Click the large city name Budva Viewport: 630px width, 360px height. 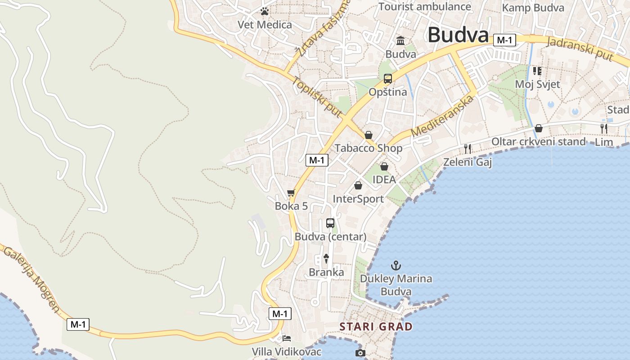click(458, 35)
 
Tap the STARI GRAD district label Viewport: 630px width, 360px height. click(376, 326)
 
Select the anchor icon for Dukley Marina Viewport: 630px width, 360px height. click(396, 265)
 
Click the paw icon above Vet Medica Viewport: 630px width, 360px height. click(265, 11)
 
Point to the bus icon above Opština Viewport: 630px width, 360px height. click(387, 79)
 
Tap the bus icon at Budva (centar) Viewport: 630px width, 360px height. click(330, 223)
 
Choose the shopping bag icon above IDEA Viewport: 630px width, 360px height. click(384, 166)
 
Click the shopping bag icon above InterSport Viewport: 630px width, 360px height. click(358, 185)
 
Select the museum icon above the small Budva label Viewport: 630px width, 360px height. click(400, 41)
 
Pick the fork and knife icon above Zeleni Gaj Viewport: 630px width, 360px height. click(468, 148)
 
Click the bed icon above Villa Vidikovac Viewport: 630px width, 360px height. click(287, 338)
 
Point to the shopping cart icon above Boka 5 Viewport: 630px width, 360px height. click(291, 193)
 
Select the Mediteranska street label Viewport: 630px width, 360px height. click(443, 116)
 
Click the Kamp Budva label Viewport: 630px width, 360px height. click(533, 8)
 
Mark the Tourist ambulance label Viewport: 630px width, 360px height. click(424, 6)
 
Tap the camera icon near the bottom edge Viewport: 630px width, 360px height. click(360, 353)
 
